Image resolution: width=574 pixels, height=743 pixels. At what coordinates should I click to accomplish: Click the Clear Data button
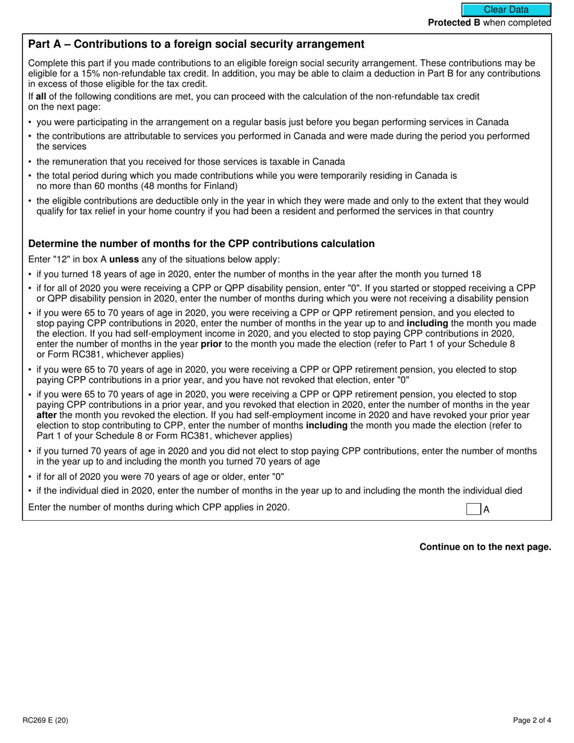click(506, 10)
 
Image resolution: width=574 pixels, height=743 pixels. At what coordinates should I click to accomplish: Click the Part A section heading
click(196, 44)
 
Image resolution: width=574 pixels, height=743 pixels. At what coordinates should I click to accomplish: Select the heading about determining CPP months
click(201, 244)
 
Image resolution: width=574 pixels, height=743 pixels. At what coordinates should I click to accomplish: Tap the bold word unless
click(124, 260)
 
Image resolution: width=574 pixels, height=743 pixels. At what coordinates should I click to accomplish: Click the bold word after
click(47, 416)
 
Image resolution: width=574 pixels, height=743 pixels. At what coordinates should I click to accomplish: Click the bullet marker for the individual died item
click(30, 491)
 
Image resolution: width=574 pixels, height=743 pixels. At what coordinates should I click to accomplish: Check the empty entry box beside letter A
click(473, 509)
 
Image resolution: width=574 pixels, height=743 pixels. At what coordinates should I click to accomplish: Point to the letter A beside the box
click(486, 510)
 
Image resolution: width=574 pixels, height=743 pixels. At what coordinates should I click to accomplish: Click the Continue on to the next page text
click(485, 547)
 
